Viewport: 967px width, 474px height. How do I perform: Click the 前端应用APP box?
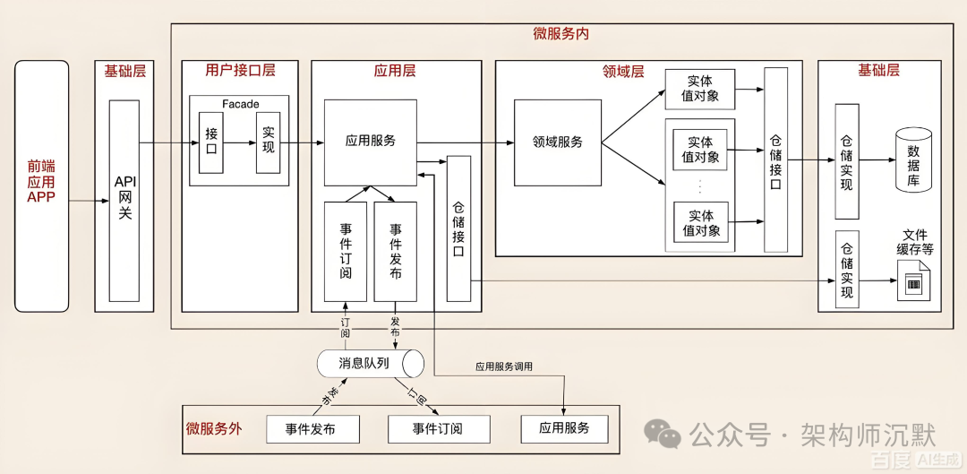coord(41,185)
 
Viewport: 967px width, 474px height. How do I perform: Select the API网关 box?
coord(124,200)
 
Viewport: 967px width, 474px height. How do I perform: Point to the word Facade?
coord(240,104)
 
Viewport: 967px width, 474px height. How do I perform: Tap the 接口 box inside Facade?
coord(211,142)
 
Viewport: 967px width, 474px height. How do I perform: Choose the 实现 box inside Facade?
coord(269,142)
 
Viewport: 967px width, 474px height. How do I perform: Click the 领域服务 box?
coord(557,142)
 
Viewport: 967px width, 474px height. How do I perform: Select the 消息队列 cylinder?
coord(370,364)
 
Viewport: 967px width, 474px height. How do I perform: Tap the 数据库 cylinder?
coord(913,159)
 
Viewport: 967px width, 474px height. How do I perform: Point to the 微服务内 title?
coord(561,34)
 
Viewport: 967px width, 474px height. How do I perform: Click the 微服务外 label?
coord(214,428)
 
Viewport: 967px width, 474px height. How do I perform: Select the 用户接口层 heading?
coord(240,71)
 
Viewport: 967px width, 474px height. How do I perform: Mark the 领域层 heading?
coord(623,72)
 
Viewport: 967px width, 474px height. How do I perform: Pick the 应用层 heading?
coord(395,71)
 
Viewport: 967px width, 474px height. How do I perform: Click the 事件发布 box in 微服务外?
coord(312,429)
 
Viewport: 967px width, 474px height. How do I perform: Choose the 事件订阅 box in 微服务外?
coord(439,429)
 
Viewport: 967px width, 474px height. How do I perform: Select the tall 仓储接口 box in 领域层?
coord(775,159)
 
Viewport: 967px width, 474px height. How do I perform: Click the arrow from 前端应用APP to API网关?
coord(89,201)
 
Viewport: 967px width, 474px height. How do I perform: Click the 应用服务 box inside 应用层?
coord(370,142)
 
